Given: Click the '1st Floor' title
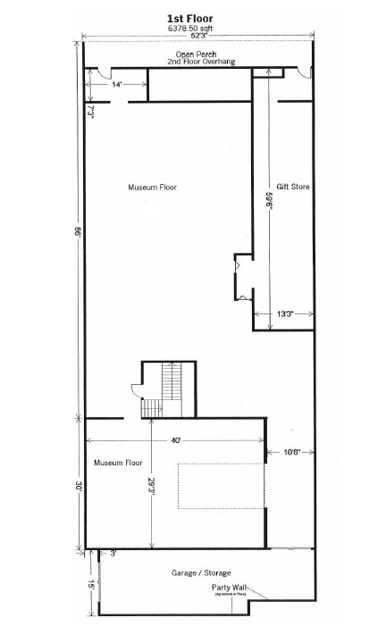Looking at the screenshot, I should [x=189, y=18].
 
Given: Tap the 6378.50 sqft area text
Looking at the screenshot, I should [x=189, y=28].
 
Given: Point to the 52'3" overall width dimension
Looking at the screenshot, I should [x=190, y=37].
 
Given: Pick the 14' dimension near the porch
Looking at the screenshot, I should [x=117, y=84].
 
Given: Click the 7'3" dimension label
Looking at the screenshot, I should [x=91, y=111].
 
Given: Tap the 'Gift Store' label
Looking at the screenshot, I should [x=293, y=188].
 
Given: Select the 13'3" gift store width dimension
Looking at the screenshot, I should [x=285, y=313].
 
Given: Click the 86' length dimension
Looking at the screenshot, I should [x=78, y=230].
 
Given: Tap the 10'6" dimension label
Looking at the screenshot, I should [x=291, y=452].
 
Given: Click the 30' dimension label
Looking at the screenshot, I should [x=78, y=487].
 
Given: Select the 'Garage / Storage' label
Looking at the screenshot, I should [x=200, y=572].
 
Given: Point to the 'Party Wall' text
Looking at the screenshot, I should [x=229, y=587].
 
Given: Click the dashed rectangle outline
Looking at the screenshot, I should [x=222, y=487].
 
